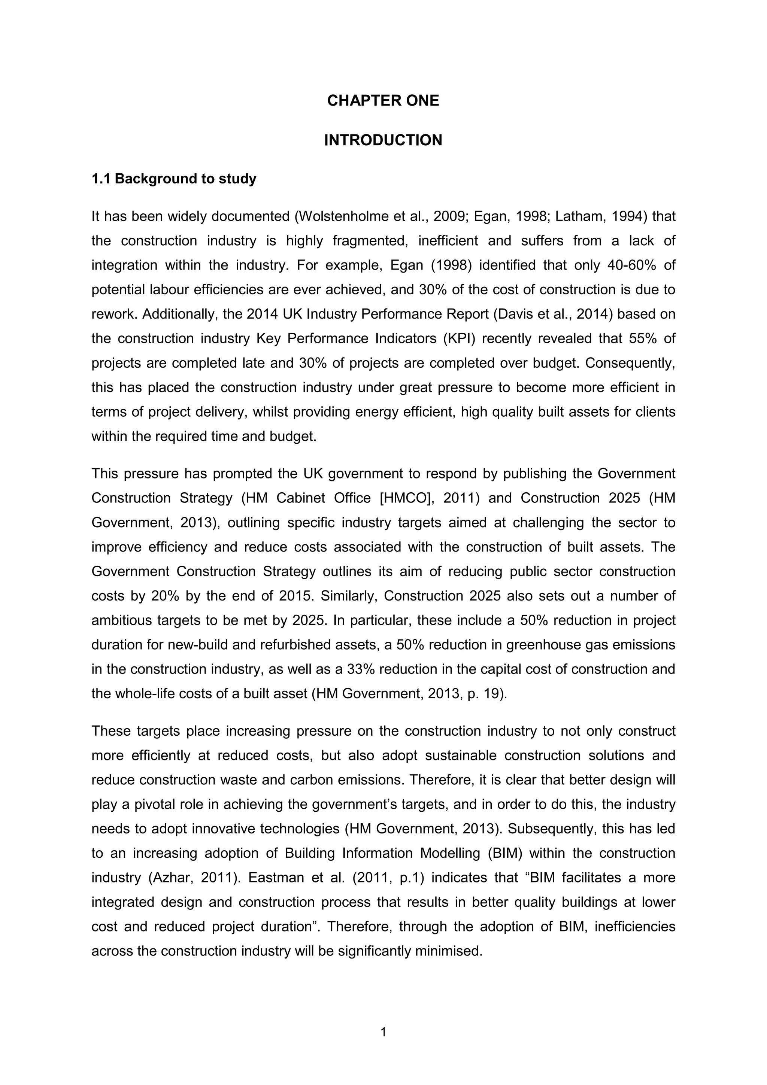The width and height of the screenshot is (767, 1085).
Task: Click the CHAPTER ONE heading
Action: (383, 101)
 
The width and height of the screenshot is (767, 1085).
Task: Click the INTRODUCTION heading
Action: (383, 140)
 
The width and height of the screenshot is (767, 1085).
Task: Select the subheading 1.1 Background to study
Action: (173, 179)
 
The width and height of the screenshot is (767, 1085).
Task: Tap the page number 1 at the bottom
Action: (383, 1032)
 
